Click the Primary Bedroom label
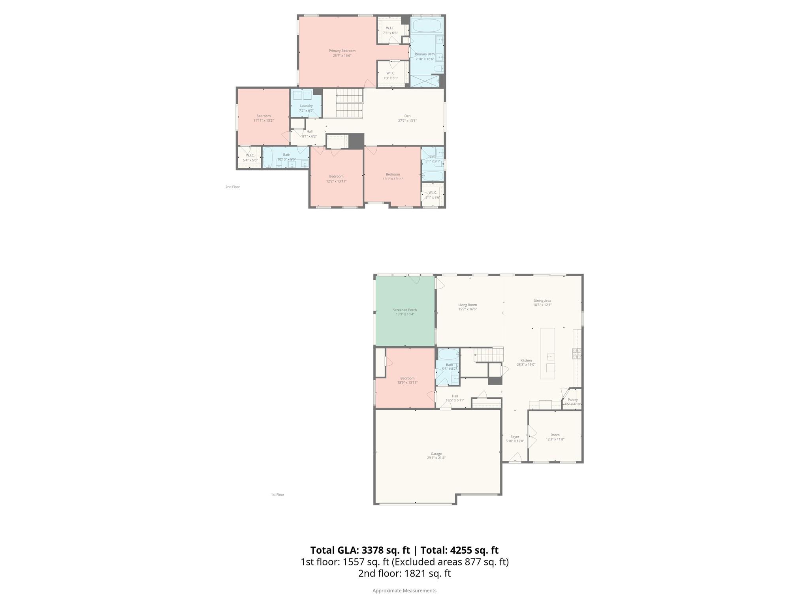coord(342,51)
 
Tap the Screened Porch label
coord(405,310)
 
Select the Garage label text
coord(436,454)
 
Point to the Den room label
coord(407,116)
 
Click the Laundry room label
coord(306,106)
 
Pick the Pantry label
coord(572,400)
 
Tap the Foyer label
coord(515,437)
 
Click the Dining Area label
coord(542,301)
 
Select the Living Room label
coord(467,305)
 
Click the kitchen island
coord(547,353)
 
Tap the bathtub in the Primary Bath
coord(427,26)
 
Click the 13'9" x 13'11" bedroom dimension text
coord(407,383)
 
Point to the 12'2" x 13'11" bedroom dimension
coord(336,181)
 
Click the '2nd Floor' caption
coord(233,187)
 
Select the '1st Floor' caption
coord(277,495)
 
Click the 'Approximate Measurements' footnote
coord(404,590)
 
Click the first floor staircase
coord(488,354)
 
